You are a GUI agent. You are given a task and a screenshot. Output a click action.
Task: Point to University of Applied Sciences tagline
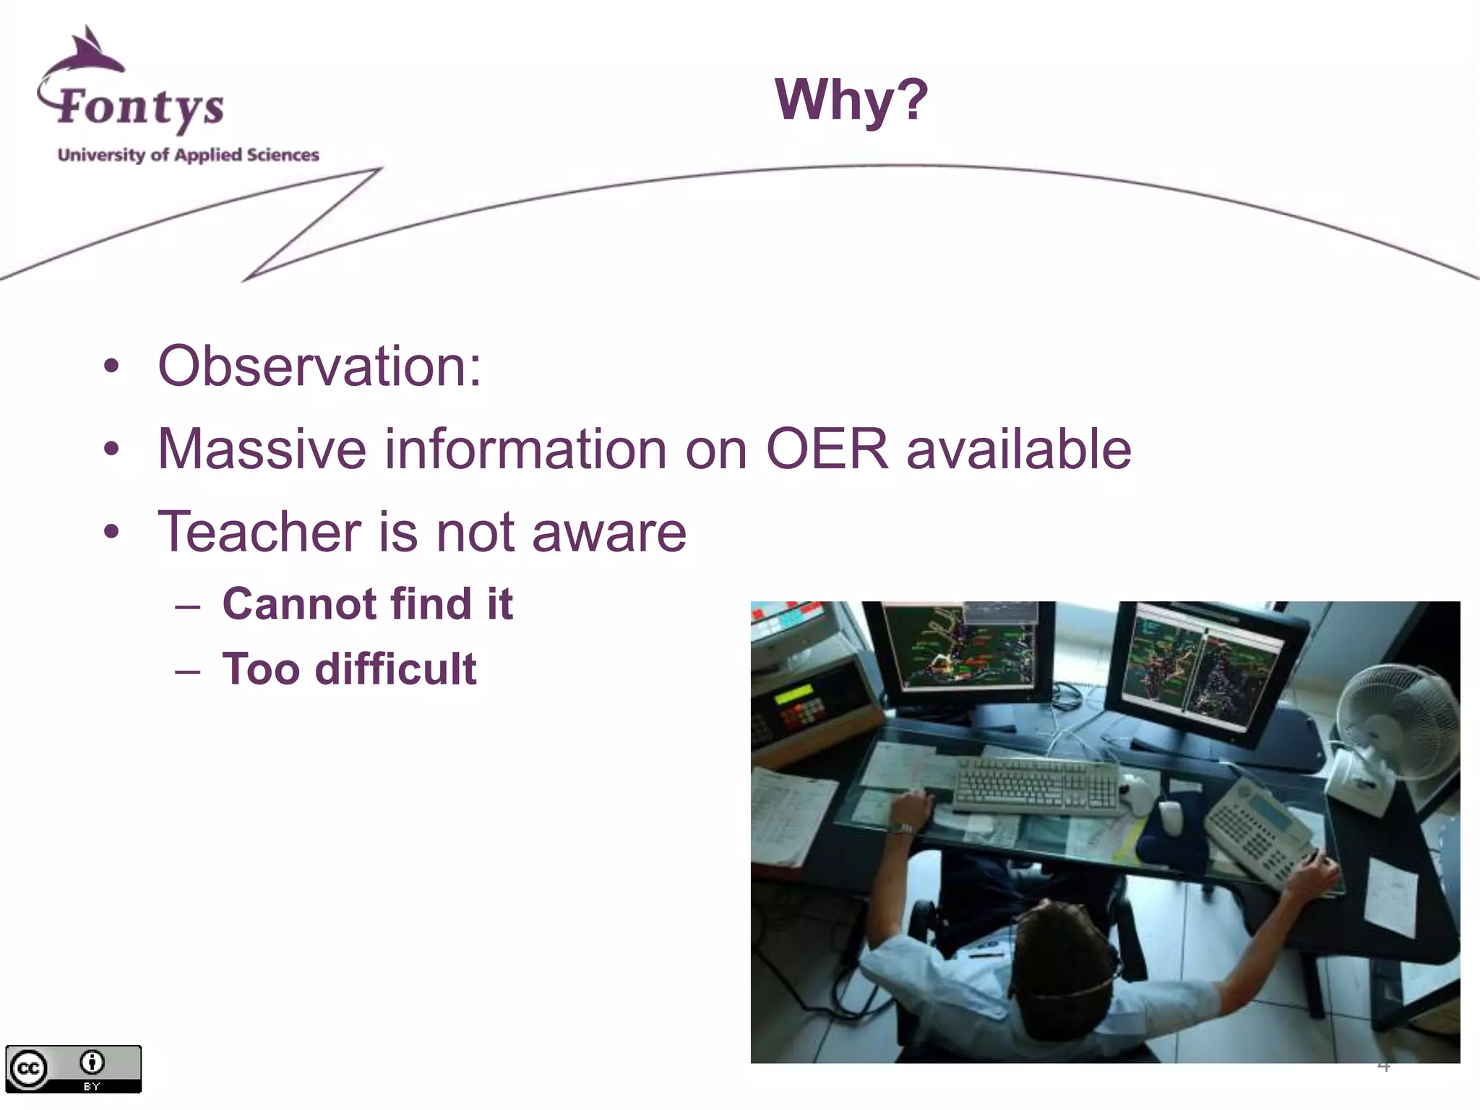point(188,155)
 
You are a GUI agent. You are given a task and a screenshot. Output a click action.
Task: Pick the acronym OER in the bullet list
point(826,449)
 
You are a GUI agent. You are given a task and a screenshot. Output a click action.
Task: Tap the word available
point(1018,449)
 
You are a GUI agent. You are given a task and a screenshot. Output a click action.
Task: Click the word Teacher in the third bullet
point(259,533)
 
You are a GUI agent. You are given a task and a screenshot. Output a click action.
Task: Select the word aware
point(608,533)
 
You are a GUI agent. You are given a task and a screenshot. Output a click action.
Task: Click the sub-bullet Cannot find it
point(367,604)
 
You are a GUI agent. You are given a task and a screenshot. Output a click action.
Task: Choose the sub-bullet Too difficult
point(349,669)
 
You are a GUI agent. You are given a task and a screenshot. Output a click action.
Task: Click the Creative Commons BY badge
point(73,1069)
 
